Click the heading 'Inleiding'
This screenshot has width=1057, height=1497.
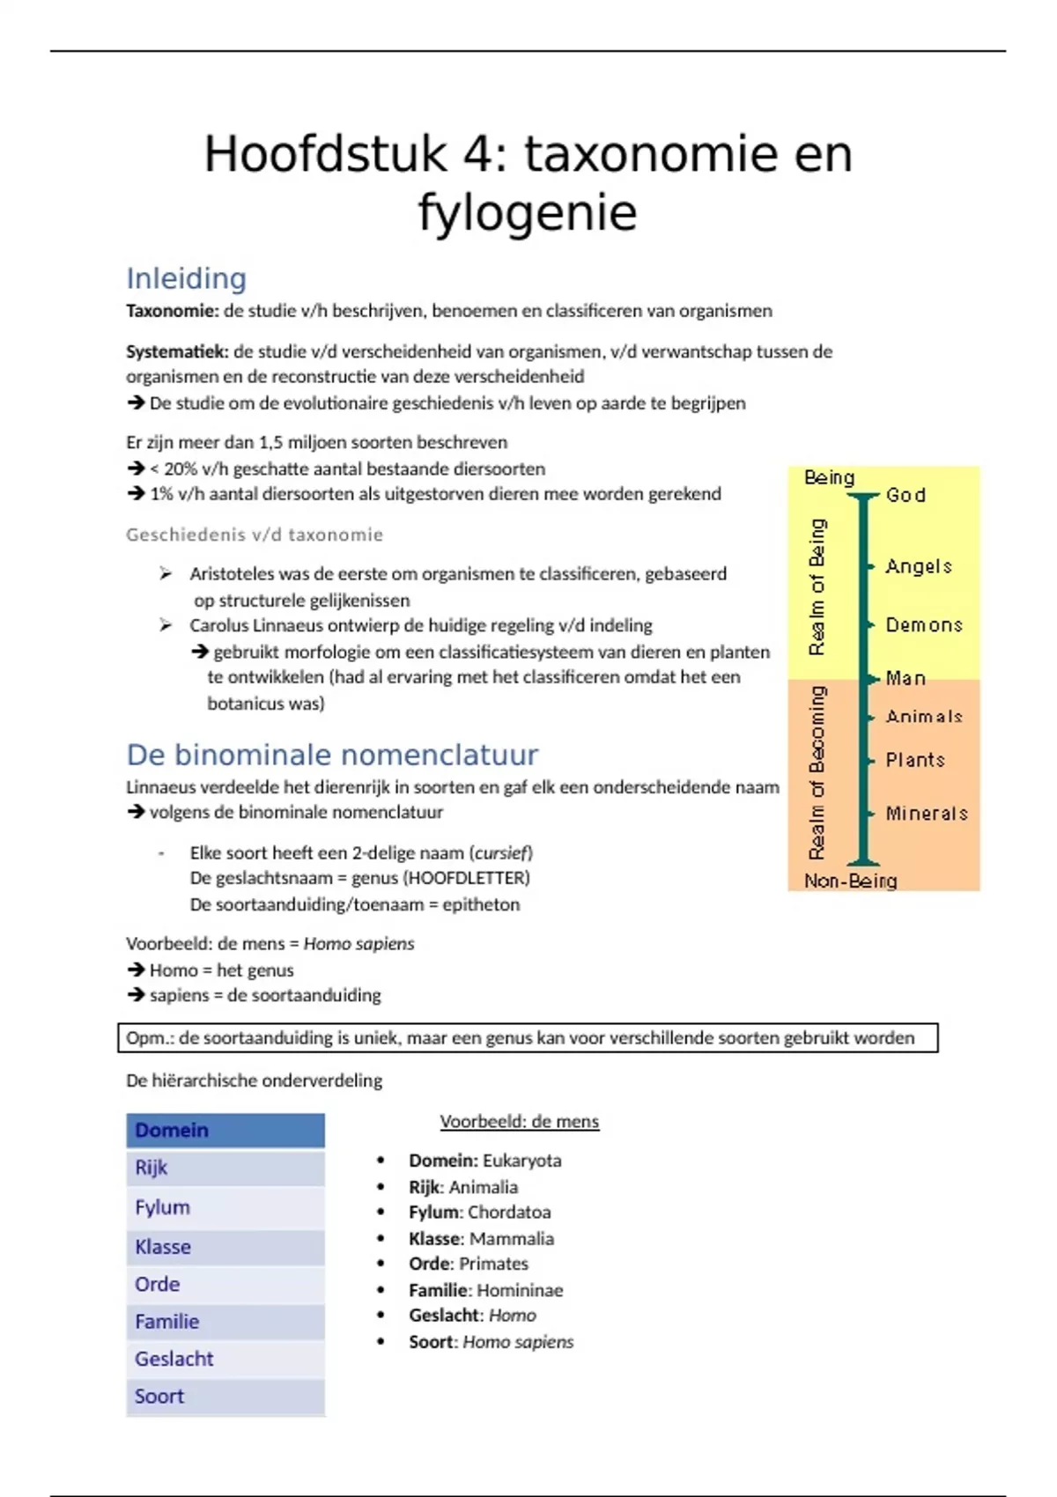[x=186, y=278]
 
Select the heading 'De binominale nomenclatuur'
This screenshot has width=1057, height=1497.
[x=332, y=755]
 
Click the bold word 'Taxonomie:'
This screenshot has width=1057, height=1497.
[x=172, y=311]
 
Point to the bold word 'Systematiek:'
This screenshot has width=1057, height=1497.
[x=177, y=351]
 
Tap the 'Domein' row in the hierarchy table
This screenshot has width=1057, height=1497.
[x=225, y=1130]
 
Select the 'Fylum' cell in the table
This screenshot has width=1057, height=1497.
[x=225, y=1207]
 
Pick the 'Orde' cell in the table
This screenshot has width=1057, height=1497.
[x=225, y=1284]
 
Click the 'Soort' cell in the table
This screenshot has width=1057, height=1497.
[x=225, y=1397]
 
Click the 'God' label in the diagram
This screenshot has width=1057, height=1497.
[x=905, y=495]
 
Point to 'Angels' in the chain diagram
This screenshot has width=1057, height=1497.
[x=919, y=566]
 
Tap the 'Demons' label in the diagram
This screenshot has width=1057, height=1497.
[x=924, y=625]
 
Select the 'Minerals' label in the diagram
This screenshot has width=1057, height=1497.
[x=927, y=814]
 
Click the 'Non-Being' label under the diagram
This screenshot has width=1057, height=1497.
[x=850, y=881]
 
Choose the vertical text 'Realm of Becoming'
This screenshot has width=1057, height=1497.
[x=817, y=772]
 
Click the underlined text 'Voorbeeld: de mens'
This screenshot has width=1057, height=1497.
[x=520, y=1122]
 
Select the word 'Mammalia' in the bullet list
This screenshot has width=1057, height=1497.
[x=512, y=1239]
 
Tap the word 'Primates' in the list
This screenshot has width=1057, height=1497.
[x=493, y=1264]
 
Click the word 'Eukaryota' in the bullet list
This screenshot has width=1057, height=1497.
[x=521, y=1161]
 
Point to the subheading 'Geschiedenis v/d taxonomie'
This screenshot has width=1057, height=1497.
[x=255, y=535]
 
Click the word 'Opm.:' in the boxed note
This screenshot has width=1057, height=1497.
[x=150, y=1038]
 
